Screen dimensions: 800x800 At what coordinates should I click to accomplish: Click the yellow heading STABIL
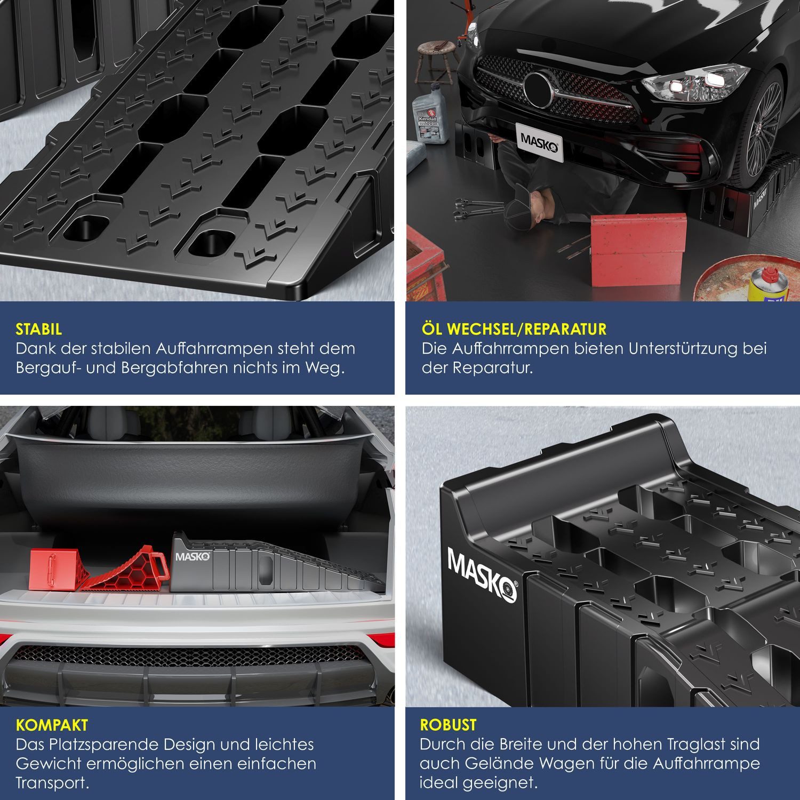click(x=39, y=329)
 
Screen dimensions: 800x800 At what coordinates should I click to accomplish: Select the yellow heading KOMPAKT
click(x=52, y=725)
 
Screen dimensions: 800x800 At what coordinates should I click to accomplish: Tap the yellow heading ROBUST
click(x=448, y=725)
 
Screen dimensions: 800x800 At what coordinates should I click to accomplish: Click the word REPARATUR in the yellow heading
click(x=565, y=329)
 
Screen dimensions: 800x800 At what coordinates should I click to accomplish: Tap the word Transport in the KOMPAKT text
click(x=52, y=783)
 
